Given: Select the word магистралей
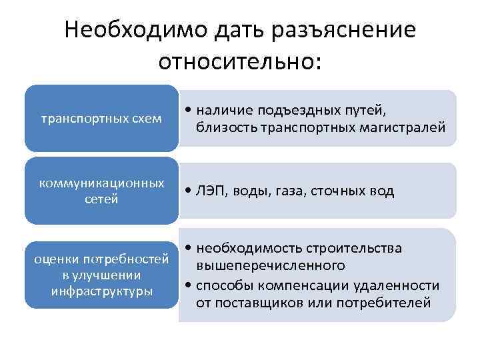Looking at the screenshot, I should [408, 127].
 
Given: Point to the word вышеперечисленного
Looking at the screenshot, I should [270, 265].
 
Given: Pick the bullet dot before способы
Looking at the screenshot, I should [190, 285].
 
